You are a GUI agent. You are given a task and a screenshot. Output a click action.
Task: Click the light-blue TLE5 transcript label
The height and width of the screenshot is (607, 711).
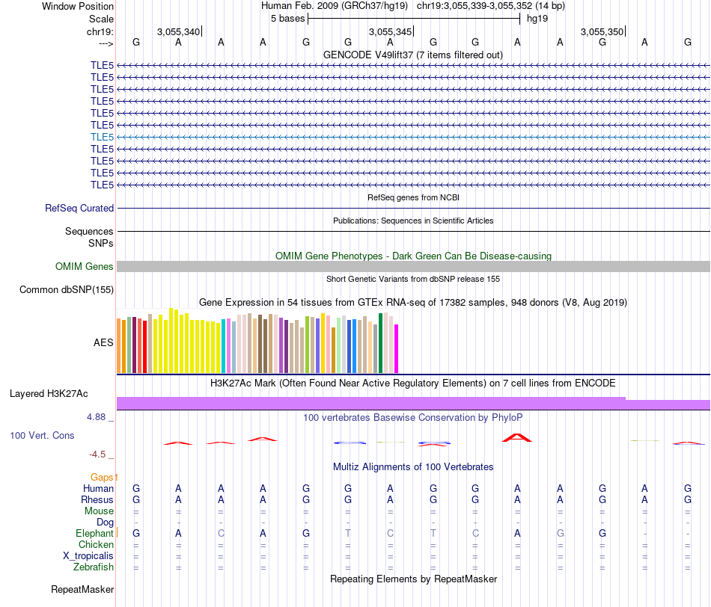coord(102,137)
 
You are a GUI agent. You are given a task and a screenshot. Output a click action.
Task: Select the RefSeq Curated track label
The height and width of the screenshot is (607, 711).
coord(79,209)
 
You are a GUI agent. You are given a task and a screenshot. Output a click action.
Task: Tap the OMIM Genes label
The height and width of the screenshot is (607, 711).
coord(84,266)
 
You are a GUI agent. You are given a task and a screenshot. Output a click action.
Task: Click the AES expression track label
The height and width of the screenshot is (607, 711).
coord(103,342)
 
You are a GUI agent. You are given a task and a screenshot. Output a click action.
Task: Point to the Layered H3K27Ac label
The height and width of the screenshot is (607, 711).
coord(49,393)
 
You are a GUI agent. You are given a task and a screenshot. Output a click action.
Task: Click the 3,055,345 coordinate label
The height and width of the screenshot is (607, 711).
coord(390,32)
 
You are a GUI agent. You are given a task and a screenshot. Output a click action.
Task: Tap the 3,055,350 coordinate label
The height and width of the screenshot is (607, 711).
coord(602,32)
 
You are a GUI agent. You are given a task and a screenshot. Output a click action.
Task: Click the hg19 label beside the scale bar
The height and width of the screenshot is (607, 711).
coord(537,18)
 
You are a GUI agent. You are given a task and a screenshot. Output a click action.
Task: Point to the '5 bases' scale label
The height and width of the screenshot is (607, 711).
coord(287,18)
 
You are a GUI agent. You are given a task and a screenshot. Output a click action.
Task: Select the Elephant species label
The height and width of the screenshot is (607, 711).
coord(94,533)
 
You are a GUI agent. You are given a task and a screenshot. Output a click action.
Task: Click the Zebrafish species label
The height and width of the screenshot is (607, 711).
coord(94,567)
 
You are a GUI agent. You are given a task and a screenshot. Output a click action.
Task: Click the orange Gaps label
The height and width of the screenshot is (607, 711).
coord(103,477)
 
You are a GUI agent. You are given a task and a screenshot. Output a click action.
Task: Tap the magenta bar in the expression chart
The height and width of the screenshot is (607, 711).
coord(397,348)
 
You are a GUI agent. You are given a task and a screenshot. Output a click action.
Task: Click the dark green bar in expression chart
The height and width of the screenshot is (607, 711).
coord(381,343)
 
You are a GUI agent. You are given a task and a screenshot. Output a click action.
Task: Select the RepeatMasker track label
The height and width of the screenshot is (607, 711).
coord(82,589)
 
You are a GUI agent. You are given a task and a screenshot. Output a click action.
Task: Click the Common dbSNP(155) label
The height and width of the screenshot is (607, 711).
coord(67,290)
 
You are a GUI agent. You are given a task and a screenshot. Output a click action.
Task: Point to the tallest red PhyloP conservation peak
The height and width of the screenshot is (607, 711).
coord(516,437)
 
